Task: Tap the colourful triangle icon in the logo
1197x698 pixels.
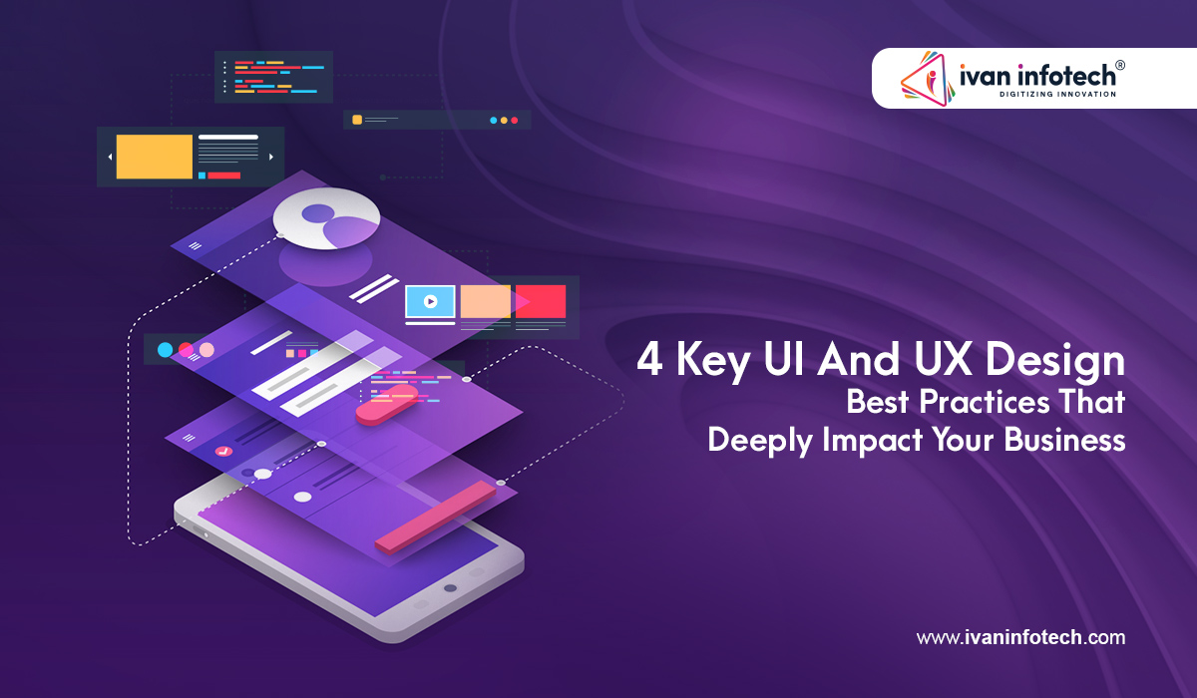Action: coord(927,79)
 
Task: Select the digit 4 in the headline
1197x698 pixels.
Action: coord(649,361)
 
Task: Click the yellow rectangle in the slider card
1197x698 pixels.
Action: coord(155,157)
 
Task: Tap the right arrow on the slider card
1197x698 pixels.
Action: coord(271,157)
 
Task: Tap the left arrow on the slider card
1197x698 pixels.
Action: coord(110,157)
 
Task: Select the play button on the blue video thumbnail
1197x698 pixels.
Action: coord(430,300)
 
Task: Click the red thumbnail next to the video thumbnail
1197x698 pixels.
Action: coord(541,300)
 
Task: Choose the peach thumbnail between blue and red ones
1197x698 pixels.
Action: coord(486,300)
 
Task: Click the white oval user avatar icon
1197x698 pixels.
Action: coord(326,218)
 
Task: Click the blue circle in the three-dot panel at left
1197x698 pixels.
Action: coord(166,350)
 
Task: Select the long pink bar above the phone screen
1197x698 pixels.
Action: coord(436,516)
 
